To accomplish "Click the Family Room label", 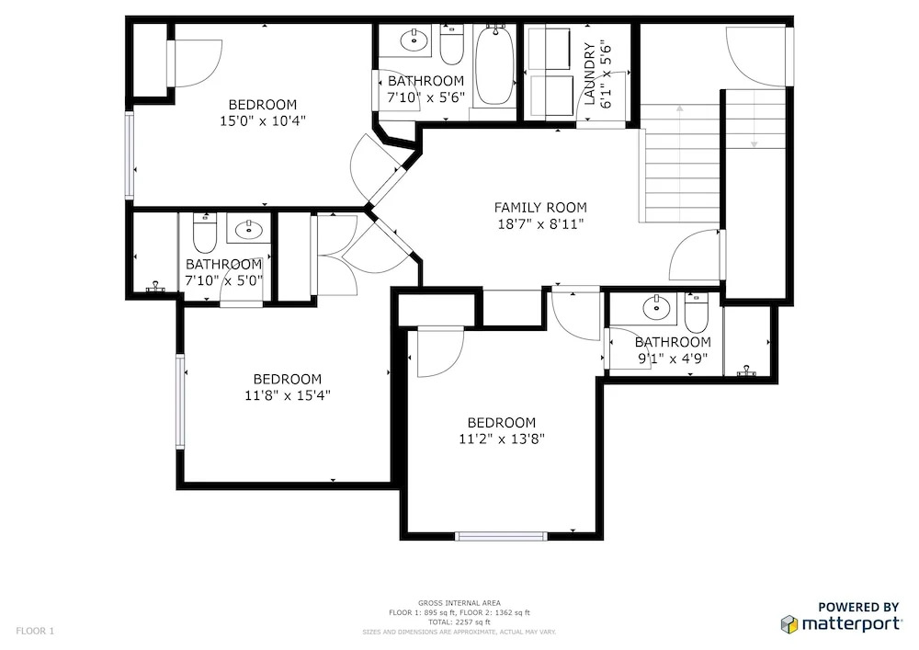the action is pyautogui.click(x=540, y=208).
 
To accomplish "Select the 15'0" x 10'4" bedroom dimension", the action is pyautogui.click(x=263, y=121).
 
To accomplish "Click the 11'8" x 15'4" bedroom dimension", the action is pyautogui.click(x=287, y=395).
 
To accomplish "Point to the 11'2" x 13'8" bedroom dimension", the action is pyautogui.click(x=502, y=439).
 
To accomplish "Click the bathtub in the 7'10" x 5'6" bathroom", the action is pyautogui.click(x=495, y=65).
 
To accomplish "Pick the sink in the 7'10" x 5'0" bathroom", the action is pyautogui.click(x=251, y=229).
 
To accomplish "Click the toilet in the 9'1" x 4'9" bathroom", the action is pyautogui.click(x=697, y=313).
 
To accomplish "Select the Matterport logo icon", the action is pyautogui.click(x=789, y=624).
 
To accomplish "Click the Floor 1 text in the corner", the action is pyautogui.click(x=35, y=632).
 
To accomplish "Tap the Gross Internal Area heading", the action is pyautogui.click(x=459, y=603).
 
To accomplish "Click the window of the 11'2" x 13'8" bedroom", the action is pyautogui.click(x=501, y=536).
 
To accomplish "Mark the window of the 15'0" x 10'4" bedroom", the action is pyautogui.click(x=130, y=156).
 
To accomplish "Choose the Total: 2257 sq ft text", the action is pyautogui.click(x=459, y=622).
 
